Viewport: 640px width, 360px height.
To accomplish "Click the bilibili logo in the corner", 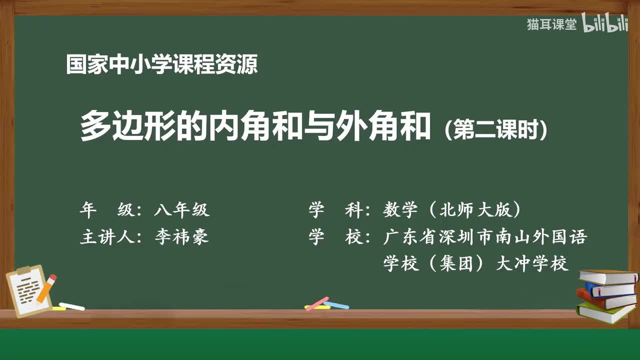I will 604,24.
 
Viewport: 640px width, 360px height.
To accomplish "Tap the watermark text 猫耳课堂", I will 551,25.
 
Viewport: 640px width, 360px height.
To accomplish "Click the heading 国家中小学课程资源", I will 162,65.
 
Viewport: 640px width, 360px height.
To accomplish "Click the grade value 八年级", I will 181,210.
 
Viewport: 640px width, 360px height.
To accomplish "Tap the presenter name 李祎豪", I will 181,236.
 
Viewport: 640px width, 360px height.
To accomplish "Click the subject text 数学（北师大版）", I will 452,210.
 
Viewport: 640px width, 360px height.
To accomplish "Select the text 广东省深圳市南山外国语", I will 484,236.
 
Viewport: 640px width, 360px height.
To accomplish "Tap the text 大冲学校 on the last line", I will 532,263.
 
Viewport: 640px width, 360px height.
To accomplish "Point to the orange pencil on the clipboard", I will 46,288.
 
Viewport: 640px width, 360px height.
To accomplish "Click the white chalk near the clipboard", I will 71,306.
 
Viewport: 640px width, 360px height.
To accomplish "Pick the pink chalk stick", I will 316,303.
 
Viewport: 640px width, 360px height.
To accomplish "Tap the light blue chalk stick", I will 336,304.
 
